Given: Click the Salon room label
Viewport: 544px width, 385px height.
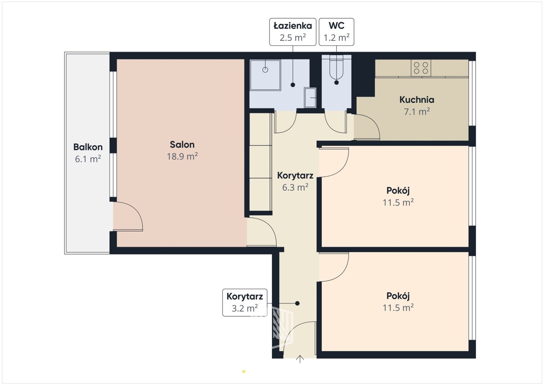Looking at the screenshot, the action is click(182, 144).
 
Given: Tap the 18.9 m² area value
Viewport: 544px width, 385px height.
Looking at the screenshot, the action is click(182, 156).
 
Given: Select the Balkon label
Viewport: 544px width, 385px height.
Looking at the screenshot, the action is click(88, 147).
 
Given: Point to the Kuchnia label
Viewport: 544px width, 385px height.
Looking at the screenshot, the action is click(417, 99).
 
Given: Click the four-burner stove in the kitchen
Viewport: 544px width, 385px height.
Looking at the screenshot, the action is click(421, 68).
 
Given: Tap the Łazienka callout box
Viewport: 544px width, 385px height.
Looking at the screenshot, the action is click(293, 32).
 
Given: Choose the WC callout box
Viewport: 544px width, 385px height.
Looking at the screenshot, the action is click(336, 32).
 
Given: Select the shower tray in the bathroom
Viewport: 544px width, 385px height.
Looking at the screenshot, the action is click(265, 75).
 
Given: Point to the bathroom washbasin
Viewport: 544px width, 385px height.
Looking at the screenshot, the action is click(310, 98).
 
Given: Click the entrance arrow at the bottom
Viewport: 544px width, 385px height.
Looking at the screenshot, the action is click(300, 359).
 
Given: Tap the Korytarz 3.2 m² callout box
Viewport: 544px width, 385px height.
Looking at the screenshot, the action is click(244, 303).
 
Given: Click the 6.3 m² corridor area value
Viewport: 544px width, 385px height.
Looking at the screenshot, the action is click(295, 187).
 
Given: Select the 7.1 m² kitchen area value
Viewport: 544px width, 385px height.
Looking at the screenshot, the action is click(417, 111).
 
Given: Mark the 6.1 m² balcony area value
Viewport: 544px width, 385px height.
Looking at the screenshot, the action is click(88, 159).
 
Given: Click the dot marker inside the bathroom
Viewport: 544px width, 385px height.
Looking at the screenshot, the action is click(293, 85).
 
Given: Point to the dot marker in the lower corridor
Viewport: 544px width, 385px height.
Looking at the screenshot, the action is click(297, 303).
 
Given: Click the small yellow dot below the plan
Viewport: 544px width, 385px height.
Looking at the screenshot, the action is click(244, 371).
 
